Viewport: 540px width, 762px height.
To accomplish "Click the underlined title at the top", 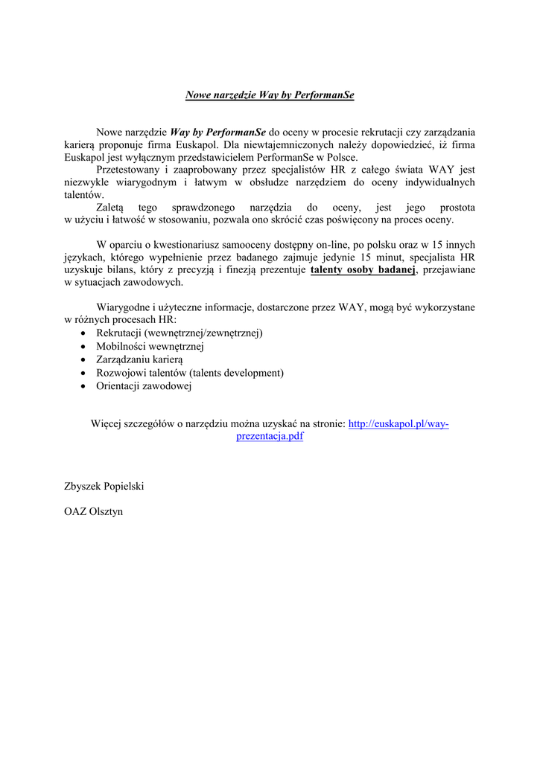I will [x=270, y=95].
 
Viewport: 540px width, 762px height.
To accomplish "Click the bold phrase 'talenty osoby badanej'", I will [x=363, y=270].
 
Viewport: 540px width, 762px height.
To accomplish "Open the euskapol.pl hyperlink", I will [x=398, y=423].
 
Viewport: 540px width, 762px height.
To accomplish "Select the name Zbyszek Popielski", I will [x=104, y=486].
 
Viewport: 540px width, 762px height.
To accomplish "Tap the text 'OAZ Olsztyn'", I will [x=94, y=511].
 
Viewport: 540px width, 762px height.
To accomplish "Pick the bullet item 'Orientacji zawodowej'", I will [x=144, y=386].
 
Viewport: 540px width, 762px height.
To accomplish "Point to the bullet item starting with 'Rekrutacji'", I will [x=180, y=333].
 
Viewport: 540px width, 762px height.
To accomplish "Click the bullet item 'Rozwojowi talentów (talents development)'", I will [x=190, y=373].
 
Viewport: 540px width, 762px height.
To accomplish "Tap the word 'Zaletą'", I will [x=112, y=208].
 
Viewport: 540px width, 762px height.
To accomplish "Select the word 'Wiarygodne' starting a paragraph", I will [x=124, y=307].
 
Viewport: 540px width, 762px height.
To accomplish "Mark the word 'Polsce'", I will [x=340, y=157].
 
